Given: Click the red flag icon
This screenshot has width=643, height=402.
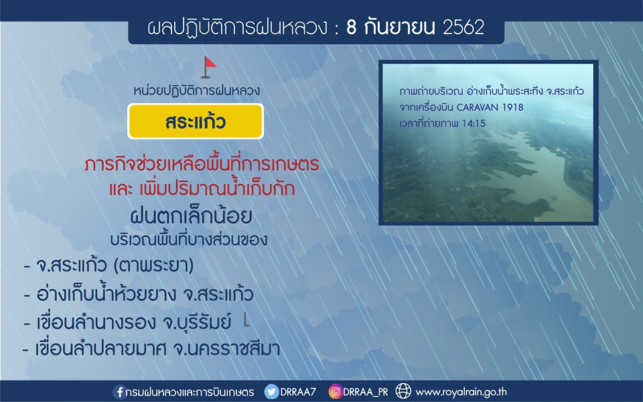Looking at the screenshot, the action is tap(209, 67).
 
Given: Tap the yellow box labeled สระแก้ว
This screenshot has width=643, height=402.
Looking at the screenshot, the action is tap(196, 121).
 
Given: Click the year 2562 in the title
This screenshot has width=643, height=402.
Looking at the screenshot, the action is tap(463, 27).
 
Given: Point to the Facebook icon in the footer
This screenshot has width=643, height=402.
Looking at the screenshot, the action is tap(119, 392).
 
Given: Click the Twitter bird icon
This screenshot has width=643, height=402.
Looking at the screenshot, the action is tap(271, 392).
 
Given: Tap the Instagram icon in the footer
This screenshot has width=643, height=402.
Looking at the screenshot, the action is tap(335, 391).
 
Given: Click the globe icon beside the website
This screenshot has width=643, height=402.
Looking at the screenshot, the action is tap(403, 391).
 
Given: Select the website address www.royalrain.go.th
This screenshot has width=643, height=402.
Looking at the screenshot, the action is tap(461, 392).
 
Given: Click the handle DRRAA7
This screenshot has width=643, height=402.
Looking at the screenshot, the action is tap(298, 392).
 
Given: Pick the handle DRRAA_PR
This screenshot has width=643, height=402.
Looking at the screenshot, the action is tap(366, 392).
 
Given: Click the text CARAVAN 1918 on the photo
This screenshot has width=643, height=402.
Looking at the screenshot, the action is tap(490, 107).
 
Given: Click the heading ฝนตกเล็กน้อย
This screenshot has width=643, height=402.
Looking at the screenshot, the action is tap(191, 216).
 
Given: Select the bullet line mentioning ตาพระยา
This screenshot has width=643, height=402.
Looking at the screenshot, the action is tap(109, 265).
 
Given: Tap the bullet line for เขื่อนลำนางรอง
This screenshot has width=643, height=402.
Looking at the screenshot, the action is tap(127, 322).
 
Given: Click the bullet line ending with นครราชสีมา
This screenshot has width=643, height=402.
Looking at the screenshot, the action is tap(151, 349).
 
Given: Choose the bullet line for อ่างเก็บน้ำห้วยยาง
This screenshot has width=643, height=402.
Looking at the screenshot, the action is tap(139, 293).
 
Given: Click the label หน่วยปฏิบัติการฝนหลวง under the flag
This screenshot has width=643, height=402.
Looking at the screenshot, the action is tap(196, 91).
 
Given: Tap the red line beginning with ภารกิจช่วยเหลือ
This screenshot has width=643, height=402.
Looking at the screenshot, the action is tap(202, 165).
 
